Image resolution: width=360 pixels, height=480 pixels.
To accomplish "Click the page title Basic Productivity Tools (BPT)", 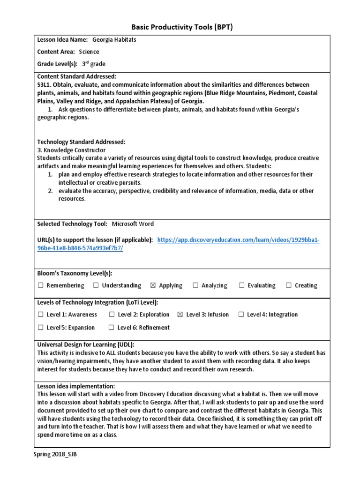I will coord(180,27).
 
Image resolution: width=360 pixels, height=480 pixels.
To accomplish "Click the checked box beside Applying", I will coord(153,285).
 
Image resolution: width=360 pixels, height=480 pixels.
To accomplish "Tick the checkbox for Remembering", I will coord(41,285).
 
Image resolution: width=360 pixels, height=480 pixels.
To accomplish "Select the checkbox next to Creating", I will coord(289,285).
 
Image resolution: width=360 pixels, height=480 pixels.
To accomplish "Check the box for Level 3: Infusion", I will coord(180,315).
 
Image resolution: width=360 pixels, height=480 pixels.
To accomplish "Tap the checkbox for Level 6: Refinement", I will coord(112,328).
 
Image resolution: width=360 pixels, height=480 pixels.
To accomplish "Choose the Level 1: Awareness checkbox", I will coord(41,315).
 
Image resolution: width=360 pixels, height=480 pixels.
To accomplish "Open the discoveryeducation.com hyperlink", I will coord(239,240).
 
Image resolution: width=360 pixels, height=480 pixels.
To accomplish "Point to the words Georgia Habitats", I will coord(114,40).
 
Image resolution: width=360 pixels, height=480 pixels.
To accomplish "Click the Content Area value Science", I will coord(89,52).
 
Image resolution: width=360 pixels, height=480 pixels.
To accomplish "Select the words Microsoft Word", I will coord(132,224).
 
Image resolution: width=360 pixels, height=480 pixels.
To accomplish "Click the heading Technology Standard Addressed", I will coord(81,142).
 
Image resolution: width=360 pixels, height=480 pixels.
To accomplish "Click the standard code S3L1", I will coord(46,84).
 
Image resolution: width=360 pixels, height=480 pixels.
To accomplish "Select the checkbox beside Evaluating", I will coord(242,285).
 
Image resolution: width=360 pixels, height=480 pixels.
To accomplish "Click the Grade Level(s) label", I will coord(57,64).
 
